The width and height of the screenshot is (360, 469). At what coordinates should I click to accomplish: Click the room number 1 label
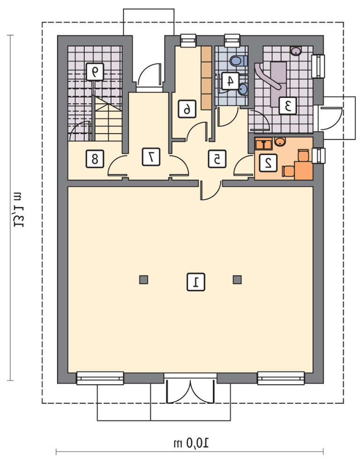(196, 281)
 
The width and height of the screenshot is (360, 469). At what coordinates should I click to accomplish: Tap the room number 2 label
(268, 163)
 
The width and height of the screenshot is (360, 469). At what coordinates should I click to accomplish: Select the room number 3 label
(288, 106)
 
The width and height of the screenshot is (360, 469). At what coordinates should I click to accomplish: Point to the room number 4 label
(230, 81)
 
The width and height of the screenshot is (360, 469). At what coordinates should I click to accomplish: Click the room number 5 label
(217, 159)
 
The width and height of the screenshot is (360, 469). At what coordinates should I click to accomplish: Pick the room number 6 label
(187, 109)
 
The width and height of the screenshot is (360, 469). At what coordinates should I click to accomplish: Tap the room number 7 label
(151, 157)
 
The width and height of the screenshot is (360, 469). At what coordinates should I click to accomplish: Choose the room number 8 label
(95, 159)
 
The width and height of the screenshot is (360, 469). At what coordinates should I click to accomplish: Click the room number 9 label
(95, 72)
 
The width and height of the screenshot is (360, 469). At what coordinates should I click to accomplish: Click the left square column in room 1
(143, 280)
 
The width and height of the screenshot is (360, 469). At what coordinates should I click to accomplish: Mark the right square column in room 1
(237, 280)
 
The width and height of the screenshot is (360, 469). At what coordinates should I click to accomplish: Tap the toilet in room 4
(239, 61)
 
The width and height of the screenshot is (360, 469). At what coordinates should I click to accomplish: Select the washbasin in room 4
(243, 89)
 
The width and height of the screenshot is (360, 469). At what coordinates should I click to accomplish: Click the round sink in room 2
(280, 142)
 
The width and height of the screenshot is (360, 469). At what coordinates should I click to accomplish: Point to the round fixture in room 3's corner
(296, 51)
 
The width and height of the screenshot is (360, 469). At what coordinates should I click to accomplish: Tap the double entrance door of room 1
(191, 389)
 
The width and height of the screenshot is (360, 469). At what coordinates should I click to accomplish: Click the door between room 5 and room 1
(211, 190)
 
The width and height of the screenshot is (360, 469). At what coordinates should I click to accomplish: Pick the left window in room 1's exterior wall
(100, 378)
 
